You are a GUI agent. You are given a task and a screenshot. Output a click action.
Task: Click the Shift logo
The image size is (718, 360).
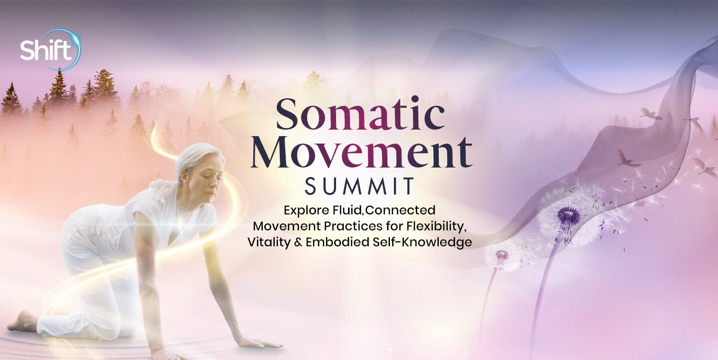50,50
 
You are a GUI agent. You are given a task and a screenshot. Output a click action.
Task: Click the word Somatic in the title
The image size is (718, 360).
360,114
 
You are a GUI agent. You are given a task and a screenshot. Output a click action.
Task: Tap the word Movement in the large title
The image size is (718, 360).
361,152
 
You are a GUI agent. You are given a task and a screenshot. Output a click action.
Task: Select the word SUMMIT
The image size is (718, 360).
359,186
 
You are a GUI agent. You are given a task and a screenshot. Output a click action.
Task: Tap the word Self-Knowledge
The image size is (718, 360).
422,243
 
